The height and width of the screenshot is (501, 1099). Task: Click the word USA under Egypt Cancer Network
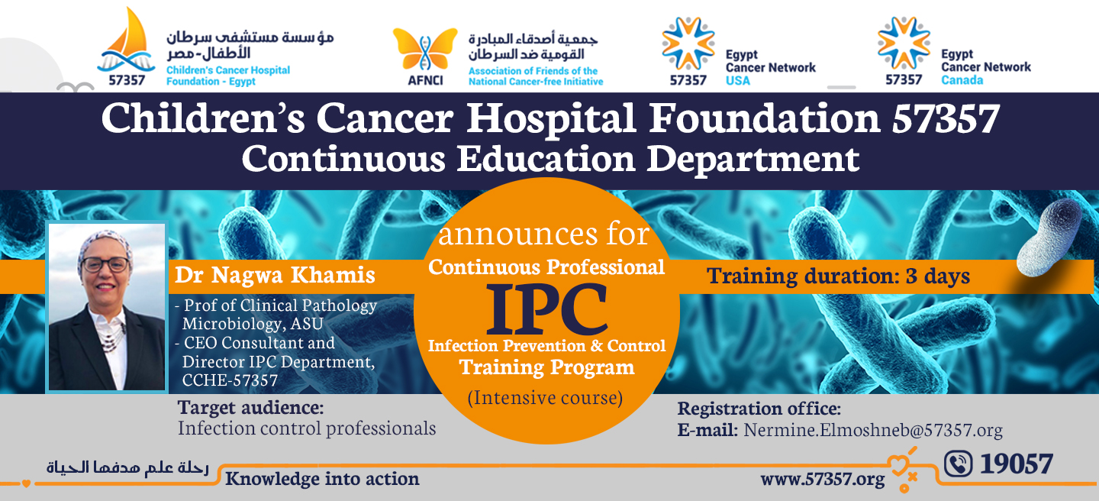[x=738, y=80]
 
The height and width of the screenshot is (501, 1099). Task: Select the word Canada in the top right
[x=962, y=80]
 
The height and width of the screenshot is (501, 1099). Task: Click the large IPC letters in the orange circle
[x=546, y=309]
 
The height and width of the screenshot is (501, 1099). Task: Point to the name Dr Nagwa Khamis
[x=275, y=275]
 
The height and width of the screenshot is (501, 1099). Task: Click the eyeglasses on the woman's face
[x=105, y=265]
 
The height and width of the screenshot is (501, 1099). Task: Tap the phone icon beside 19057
[x=959, y=464]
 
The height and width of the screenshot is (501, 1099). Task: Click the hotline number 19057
[x=1016, y=464]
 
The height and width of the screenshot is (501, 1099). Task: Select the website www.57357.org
[x=823, y=479]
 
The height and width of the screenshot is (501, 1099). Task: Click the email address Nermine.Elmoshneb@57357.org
[x=873, y=430]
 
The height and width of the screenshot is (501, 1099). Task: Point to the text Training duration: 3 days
[x=838, y=276]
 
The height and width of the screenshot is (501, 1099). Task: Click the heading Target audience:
[x=250, y=408]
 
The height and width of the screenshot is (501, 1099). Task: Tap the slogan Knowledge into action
[x=322, y=478]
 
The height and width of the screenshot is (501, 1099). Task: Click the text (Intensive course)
[x=545, y=397]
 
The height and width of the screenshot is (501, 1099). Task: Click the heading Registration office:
[x=759, y=409]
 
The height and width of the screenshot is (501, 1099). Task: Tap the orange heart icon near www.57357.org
[x=899, y=465]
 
